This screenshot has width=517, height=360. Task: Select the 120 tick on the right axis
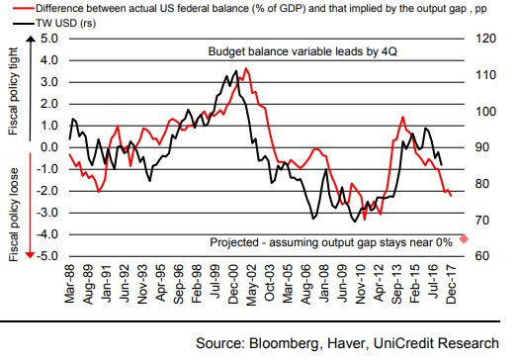(483, 40)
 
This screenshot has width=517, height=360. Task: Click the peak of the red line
(246, 68)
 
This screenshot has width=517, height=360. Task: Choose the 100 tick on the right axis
(483, 111)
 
